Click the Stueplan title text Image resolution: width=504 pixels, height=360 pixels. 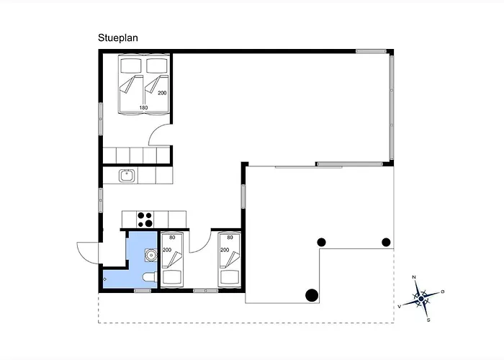(118, 38)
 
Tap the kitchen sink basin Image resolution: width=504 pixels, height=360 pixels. (127, 176)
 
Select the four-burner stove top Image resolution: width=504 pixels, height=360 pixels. (145, 220)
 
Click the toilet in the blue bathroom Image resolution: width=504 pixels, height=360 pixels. (150, 277)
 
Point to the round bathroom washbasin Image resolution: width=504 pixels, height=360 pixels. (150, 255)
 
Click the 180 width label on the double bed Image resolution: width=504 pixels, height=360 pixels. (143, 108)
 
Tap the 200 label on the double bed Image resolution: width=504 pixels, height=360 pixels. (162, 93)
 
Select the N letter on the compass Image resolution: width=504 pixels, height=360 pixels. (414, 277)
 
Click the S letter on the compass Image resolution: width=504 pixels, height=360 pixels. (428, 320)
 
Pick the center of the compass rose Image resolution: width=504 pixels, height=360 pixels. (421, 299)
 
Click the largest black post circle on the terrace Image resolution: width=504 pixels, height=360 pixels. (312, 295)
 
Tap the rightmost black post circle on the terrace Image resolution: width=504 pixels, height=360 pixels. (386, 242)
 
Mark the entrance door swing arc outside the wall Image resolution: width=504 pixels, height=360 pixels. (81, 256)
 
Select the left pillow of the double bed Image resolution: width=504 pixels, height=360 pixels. (131, 66)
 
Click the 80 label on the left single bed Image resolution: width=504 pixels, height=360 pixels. (172, 238)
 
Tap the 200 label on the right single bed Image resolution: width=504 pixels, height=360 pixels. (225, 250)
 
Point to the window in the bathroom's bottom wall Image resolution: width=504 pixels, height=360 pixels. (143, 291)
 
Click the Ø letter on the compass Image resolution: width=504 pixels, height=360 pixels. (443, 292)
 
